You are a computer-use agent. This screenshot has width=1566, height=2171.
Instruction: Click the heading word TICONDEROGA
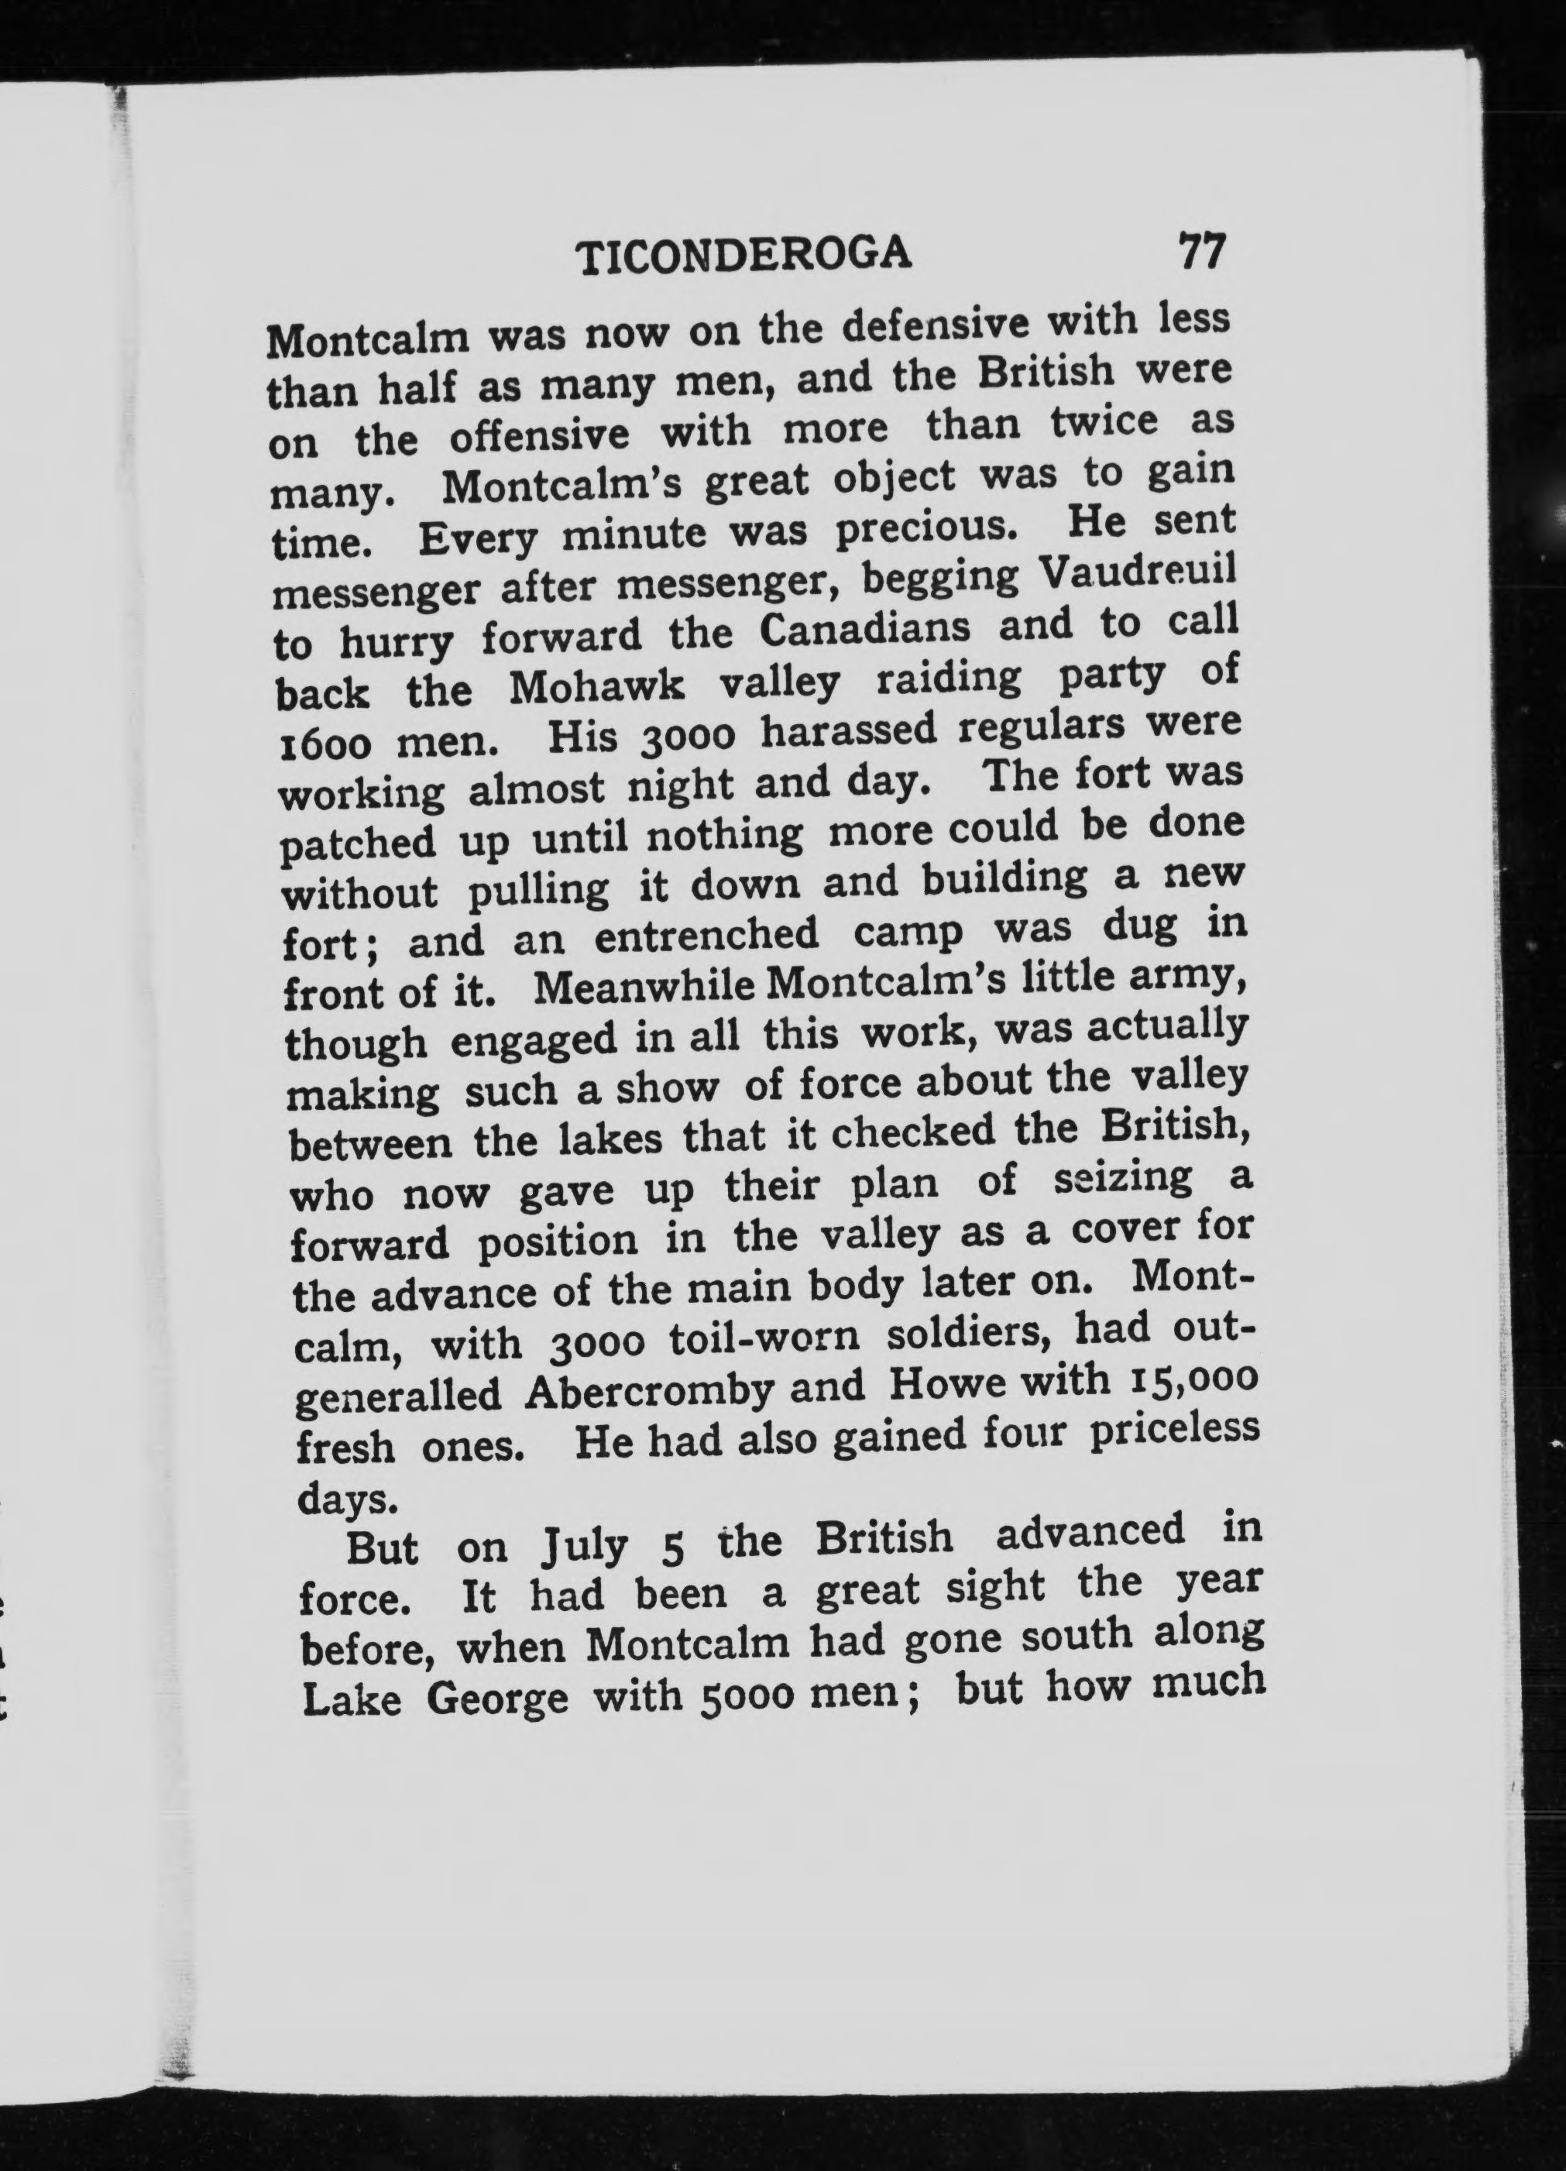pos(746,255)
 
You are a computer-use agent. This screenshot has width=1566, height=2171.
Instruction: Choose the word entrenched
pos(706,935)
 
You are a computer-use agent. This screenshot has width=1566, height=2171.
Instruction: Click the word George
pos(496,1699)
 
